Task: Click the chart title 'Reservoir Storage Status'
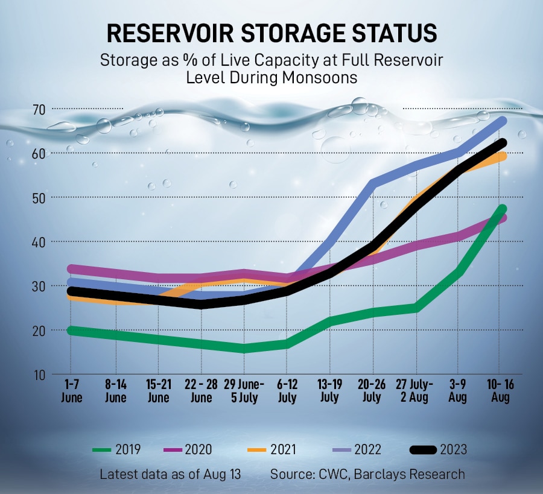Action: [271, 34]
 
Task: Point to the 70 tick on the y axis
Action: [40, 109]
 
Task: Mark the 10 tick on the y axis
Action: [40, 375]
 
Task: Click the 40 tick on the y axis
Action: [40, 242]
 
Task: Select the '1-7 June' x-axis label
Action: [71, 391]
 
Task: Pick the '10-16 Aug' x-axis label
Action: [500, 391]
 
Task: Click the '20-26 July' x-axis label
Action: [372, 391]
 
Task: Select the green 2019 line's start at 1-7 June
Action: [71, 330]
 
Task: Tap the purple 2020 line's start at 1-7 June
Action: [71, 269]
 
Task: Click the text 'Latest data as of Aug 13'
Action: [170, 474]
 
